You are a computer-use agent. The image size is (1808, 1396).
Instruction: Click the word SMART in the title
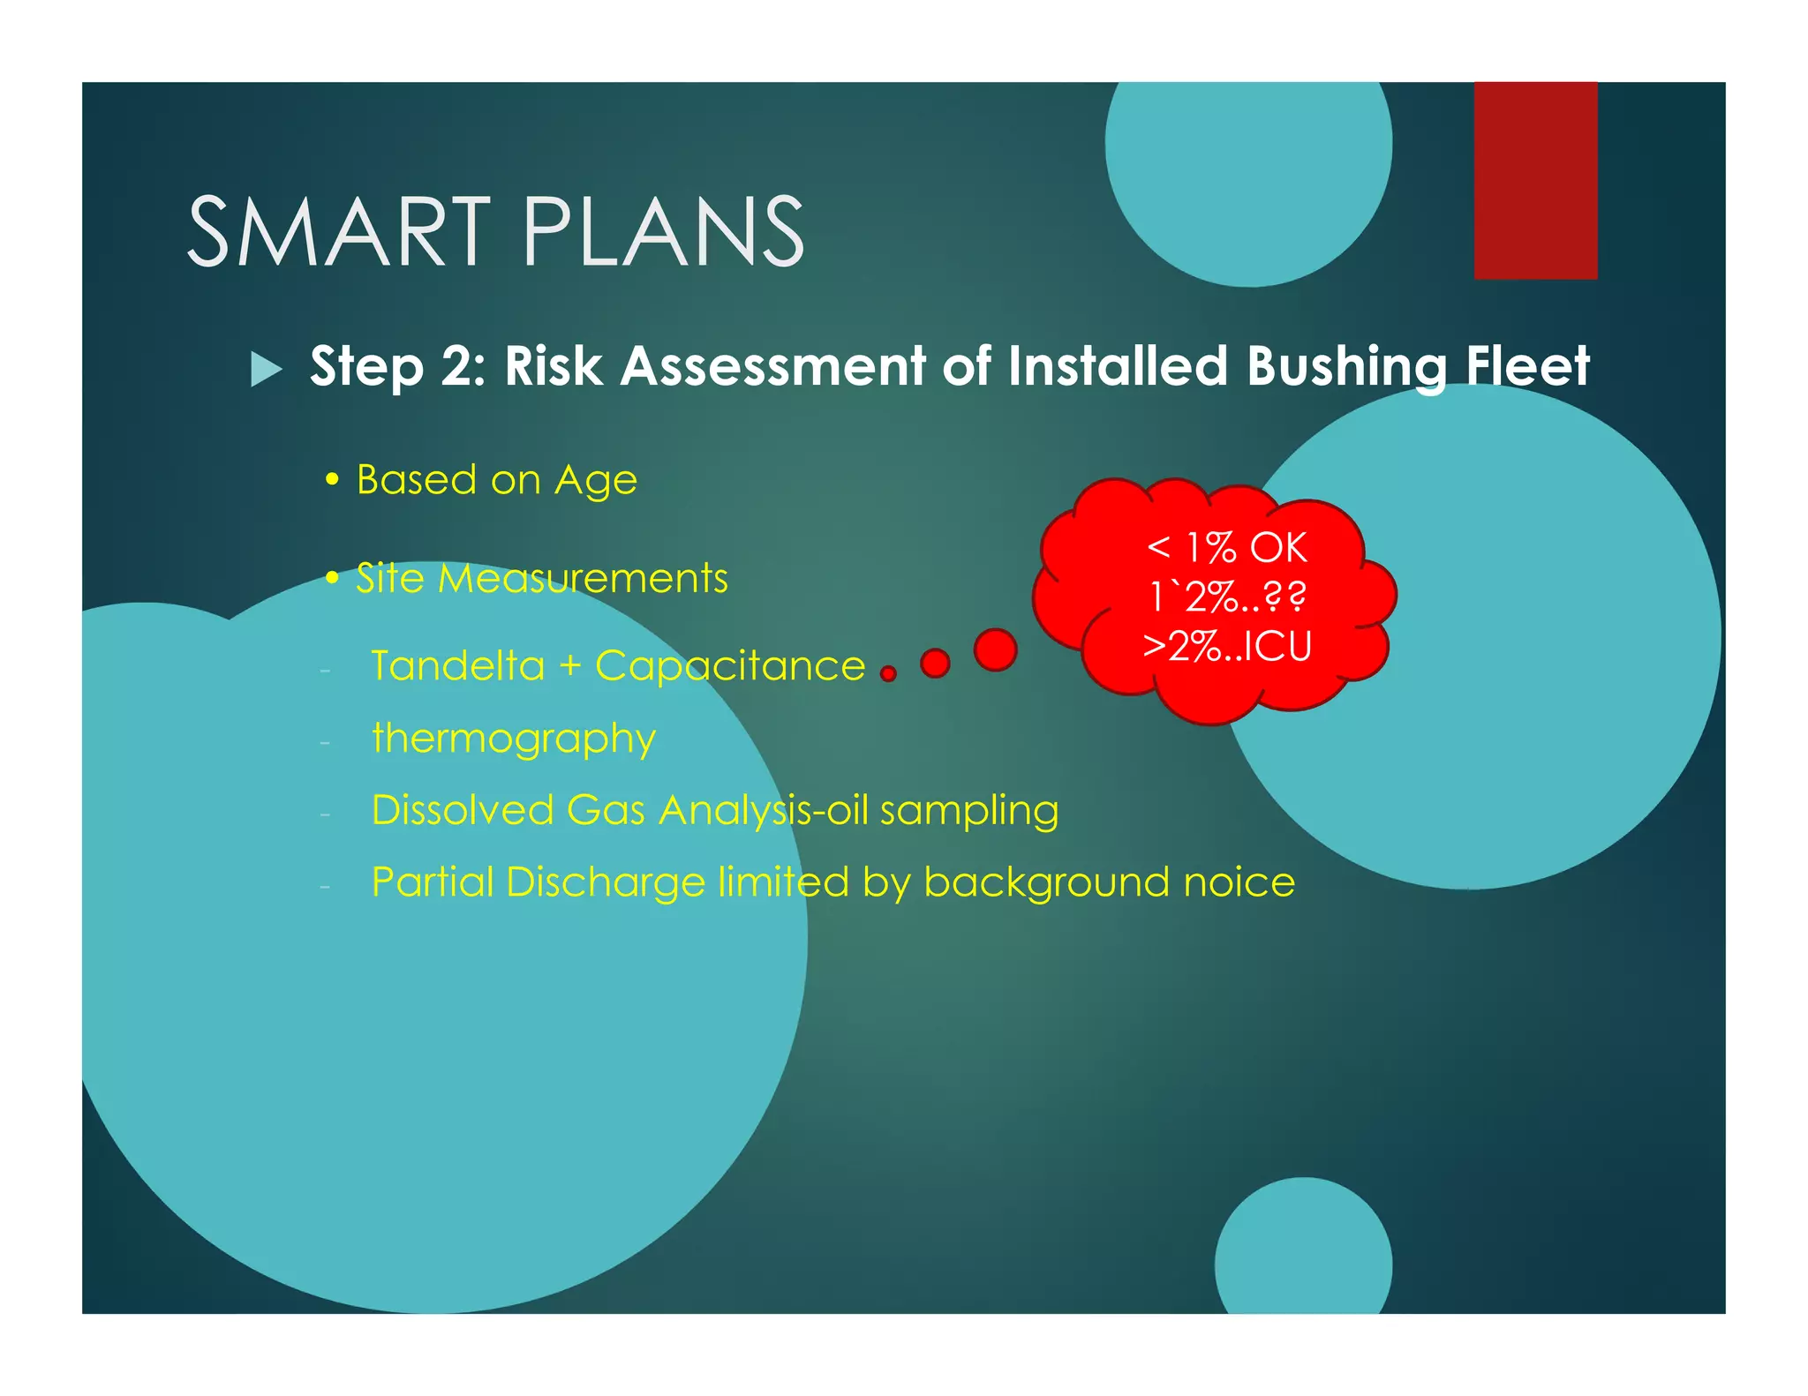[339, 231]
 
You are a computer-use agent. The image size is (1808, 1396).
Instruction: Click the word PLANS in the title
[663, 231]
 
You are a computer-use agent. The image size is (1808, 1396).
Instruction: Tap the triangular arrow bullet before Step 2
[266, 368]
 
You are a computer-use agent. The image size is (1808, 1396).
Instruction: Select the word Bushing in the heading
[1347, 367]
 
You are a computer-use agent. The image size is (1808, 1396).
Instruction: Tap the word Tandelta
[457, 665]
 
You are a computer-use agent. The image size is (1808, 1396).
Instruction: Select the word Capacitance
[730, 667]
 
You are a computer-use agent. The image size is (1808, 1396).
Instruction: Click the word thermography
[514, 739]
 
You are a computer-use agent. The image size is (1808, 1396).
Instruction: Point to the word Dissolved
[463, 810]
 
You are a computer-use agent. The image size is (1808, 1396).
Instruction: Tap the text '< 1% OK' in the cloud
[1226, 548]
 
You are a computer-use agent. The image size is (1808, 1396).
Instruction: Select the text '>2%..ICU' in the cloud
[1226, 646]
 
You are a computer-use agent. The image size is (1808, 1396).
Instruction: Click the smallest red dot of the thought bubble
[888, 674]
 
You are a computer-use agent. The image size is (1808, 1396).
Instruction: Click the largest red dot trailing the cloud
[995, 650]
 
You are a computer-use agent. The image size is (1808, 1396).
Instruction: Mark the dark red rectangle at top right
[1535, 180]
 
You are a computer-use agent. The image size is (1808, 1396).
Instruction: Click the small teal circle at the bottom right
[1303, 1253]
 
